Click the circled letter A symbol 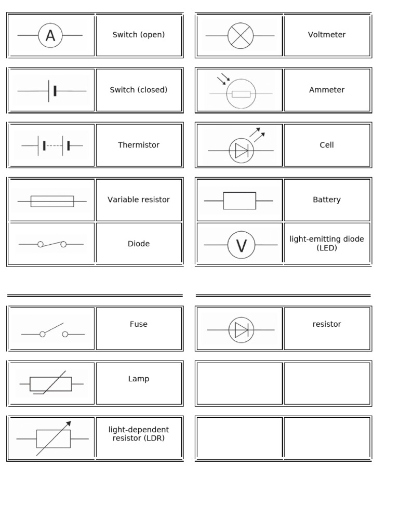(x=50, y=35)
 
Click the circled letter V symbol (x=241, y=245)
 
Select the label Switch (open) (x=139, y=35)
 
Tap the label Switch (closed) (x=139, y=90)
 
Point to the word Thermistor (x=139, y=145)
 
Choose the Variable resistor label (x=139, y=199)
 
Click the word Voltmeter (x=327, y=35)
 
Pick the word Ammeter (x=327, y=90)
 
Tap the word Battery (x=327, y=199)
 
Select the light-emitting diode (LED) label (x=327, y=244)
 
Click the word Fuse (x=139, y=324)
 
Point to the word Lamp (x=139, y=379)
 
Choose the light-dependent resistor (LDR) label (x=139, y=434)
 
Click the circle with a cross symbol (x=241, y=35)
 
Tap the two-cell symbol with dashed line (x=52, y=145)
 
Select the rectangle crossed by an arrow (x=53, y=438)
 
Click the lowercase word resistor (x=327, y=324)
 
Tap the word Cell (x=327, y=145)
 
